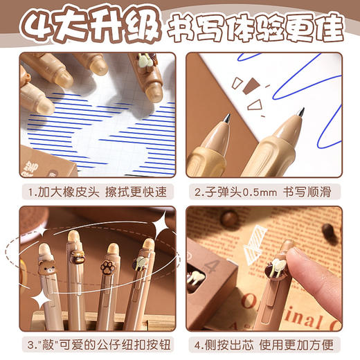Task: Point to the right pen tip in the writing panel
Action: pyautogui.click(x=300, y=113)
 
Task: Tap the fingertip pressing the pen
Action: pyautogui.click(x=299, y=261)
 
